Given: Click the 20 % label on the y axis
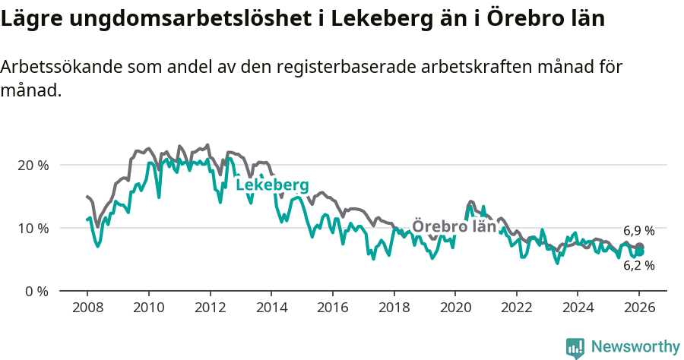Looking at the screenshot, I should tap(33, 165).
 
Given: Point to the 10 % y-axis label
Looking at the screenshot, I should tap(33, 228).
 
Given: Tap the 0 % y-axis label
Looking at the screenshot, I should tap(36, 291).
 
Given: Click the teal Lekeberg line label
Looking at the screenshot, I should tap(272, 185).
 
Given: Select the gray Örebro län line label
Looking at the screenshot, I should tap(454, 226).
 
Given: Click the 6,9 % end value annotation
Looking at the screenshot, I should tap(638, 231).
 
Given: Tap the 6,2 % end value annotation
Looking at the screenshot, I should tap(638, 266).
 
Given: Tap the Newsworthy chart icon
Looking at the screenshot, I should tap(575, 348).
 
